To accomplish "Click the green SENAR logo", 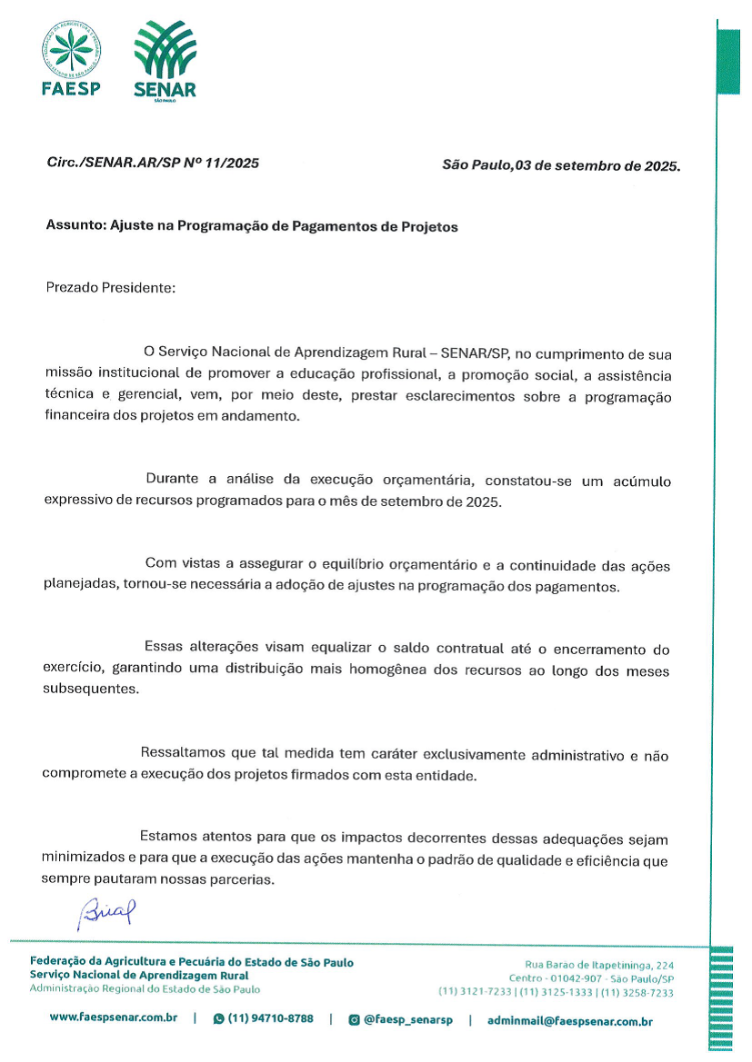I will click(x=165, y=60).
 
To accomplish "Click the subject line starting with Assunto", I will click(x=252, y=226).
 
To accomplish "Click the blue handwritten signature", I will click(x=106, y=911).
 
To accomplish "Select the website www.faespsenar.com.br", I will click(x=113, y=1018).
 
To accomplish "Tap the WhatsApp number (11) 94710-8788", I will click(x=270, y=1018).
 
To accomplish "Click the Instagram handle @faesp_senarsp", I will click(x=407, y=1019).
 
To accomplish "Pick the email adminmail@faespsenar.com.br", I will click(x=569, y=1020).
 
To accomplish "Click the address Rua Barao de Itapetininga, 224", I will click(x=599, y=964).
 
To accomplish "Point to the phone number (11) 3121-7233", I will click(x=475, y=992).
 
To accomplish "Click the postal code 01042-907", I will click(x=568, y=978).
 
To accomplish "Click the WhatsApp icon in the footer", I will click(x=218, y=1019).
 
